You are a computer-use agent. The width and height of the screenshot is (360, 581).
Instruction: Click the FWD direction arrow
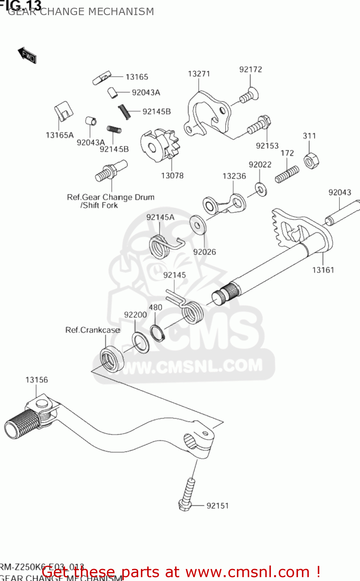pyautogui.click(x=27, y=55)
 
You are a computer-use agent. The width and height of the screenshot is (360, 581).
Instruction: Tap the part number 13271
pyautogui.click(x=199, y=74)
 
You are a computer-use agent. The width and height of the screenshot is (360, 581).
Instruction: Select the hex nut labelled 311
pyautogui.click(x=311, y=160)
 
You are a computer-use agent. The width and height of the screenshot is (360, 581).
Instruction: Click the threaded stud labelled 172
pyautogui.click(x=287, y=174)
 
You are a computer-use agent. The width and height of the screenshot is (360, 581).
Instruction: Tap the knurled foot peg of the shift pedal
pyautogui.click(x=21, y=424)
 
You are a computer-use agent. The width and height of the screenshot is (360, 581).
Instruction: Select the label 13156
pyautogui.click(x=37, y=380)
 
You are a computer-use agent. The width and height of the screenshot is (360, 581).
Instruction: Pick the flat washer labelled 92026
pyautogui.click(x=197, y=224)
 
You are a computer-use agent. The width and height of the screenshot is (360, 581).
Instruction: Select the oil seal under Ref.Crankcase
pyautogui.click(x=112, y=358)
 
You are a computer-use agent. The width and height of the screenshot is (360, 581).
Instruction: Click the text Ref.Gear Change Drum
pyautogui.click(x=111, y=197)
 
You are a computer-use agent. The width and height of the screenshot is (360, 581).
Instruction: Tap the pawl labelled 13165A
pyautogui.click(x=63, y=111)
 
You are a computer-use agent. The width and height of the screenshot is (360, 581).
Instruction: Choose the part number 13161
pyautogui.click(x=323, y=270)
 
